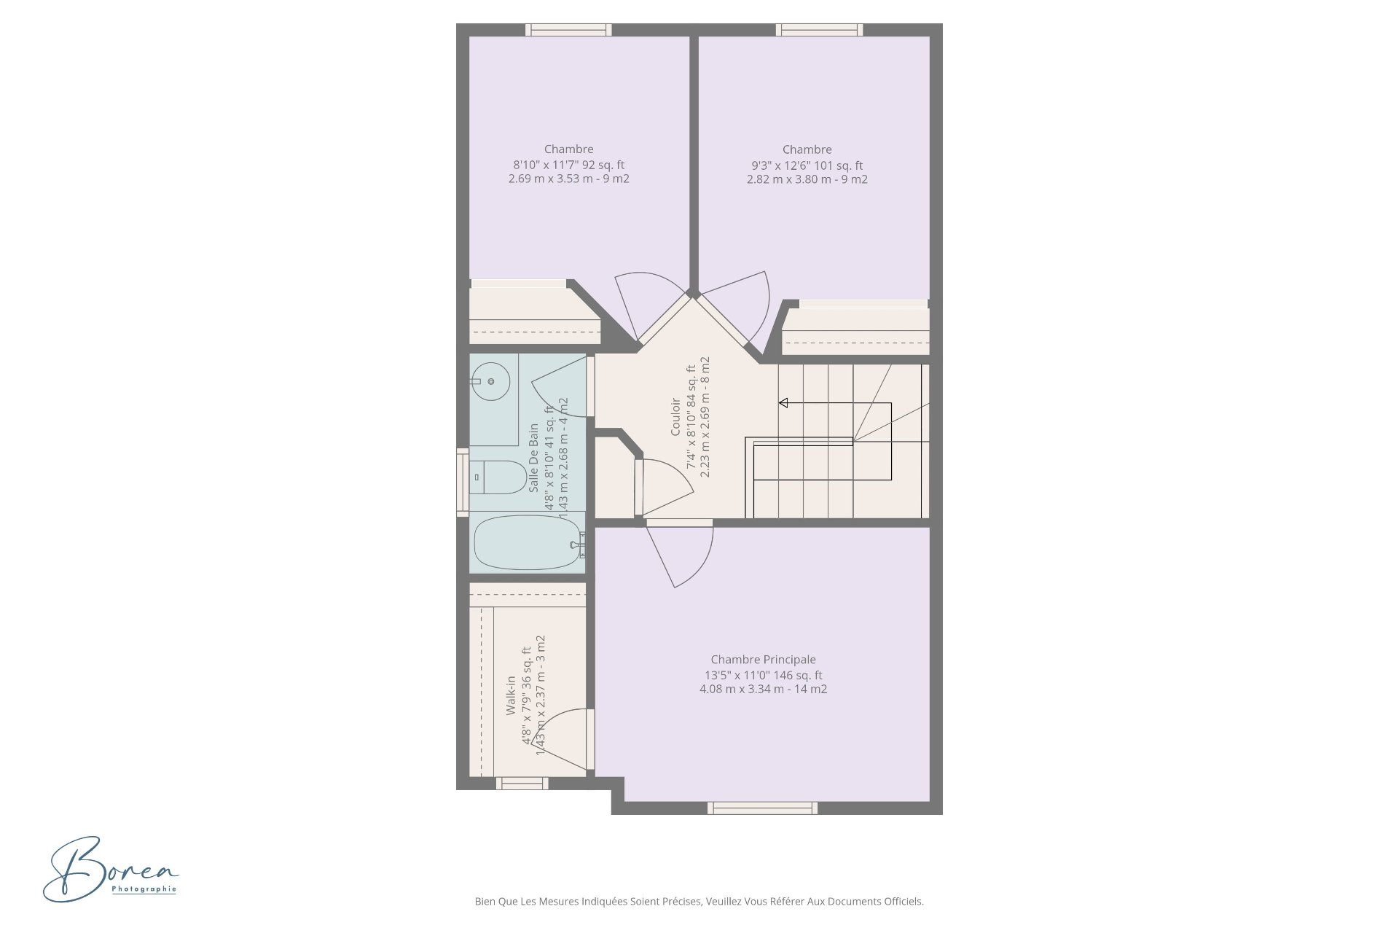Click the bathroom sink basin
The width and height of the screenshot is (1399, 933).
pos(490,381)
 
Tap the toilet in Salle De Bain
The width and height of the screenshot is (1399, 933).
pos(499,477)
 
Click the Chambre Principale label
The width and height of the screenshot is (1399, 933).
pos(763,660)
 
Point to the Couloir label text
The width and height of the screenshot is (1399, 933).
pos(675,417)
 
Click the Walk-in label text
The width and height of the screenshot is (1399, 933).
pos(511,695)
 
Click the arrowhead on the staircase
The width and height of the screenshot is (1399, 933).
pos(783,403)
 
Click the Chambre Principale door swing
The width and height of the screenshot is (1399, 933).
pos(681,558)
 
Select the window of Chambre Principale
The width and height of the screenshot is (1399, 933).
pos(762,808)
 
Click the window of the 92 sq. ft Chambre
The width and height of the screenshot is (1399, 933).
pos(568,30)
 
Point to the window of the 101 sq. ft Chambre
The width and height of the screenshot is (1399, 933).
pos(819,30)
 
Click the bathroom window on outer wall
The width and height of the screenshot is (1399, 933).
pos(462,483)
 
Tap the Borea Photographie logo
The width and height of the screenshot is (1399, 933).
pos(109,869)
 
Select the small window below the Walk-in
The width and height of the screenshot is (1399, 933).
pos(522,784)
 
